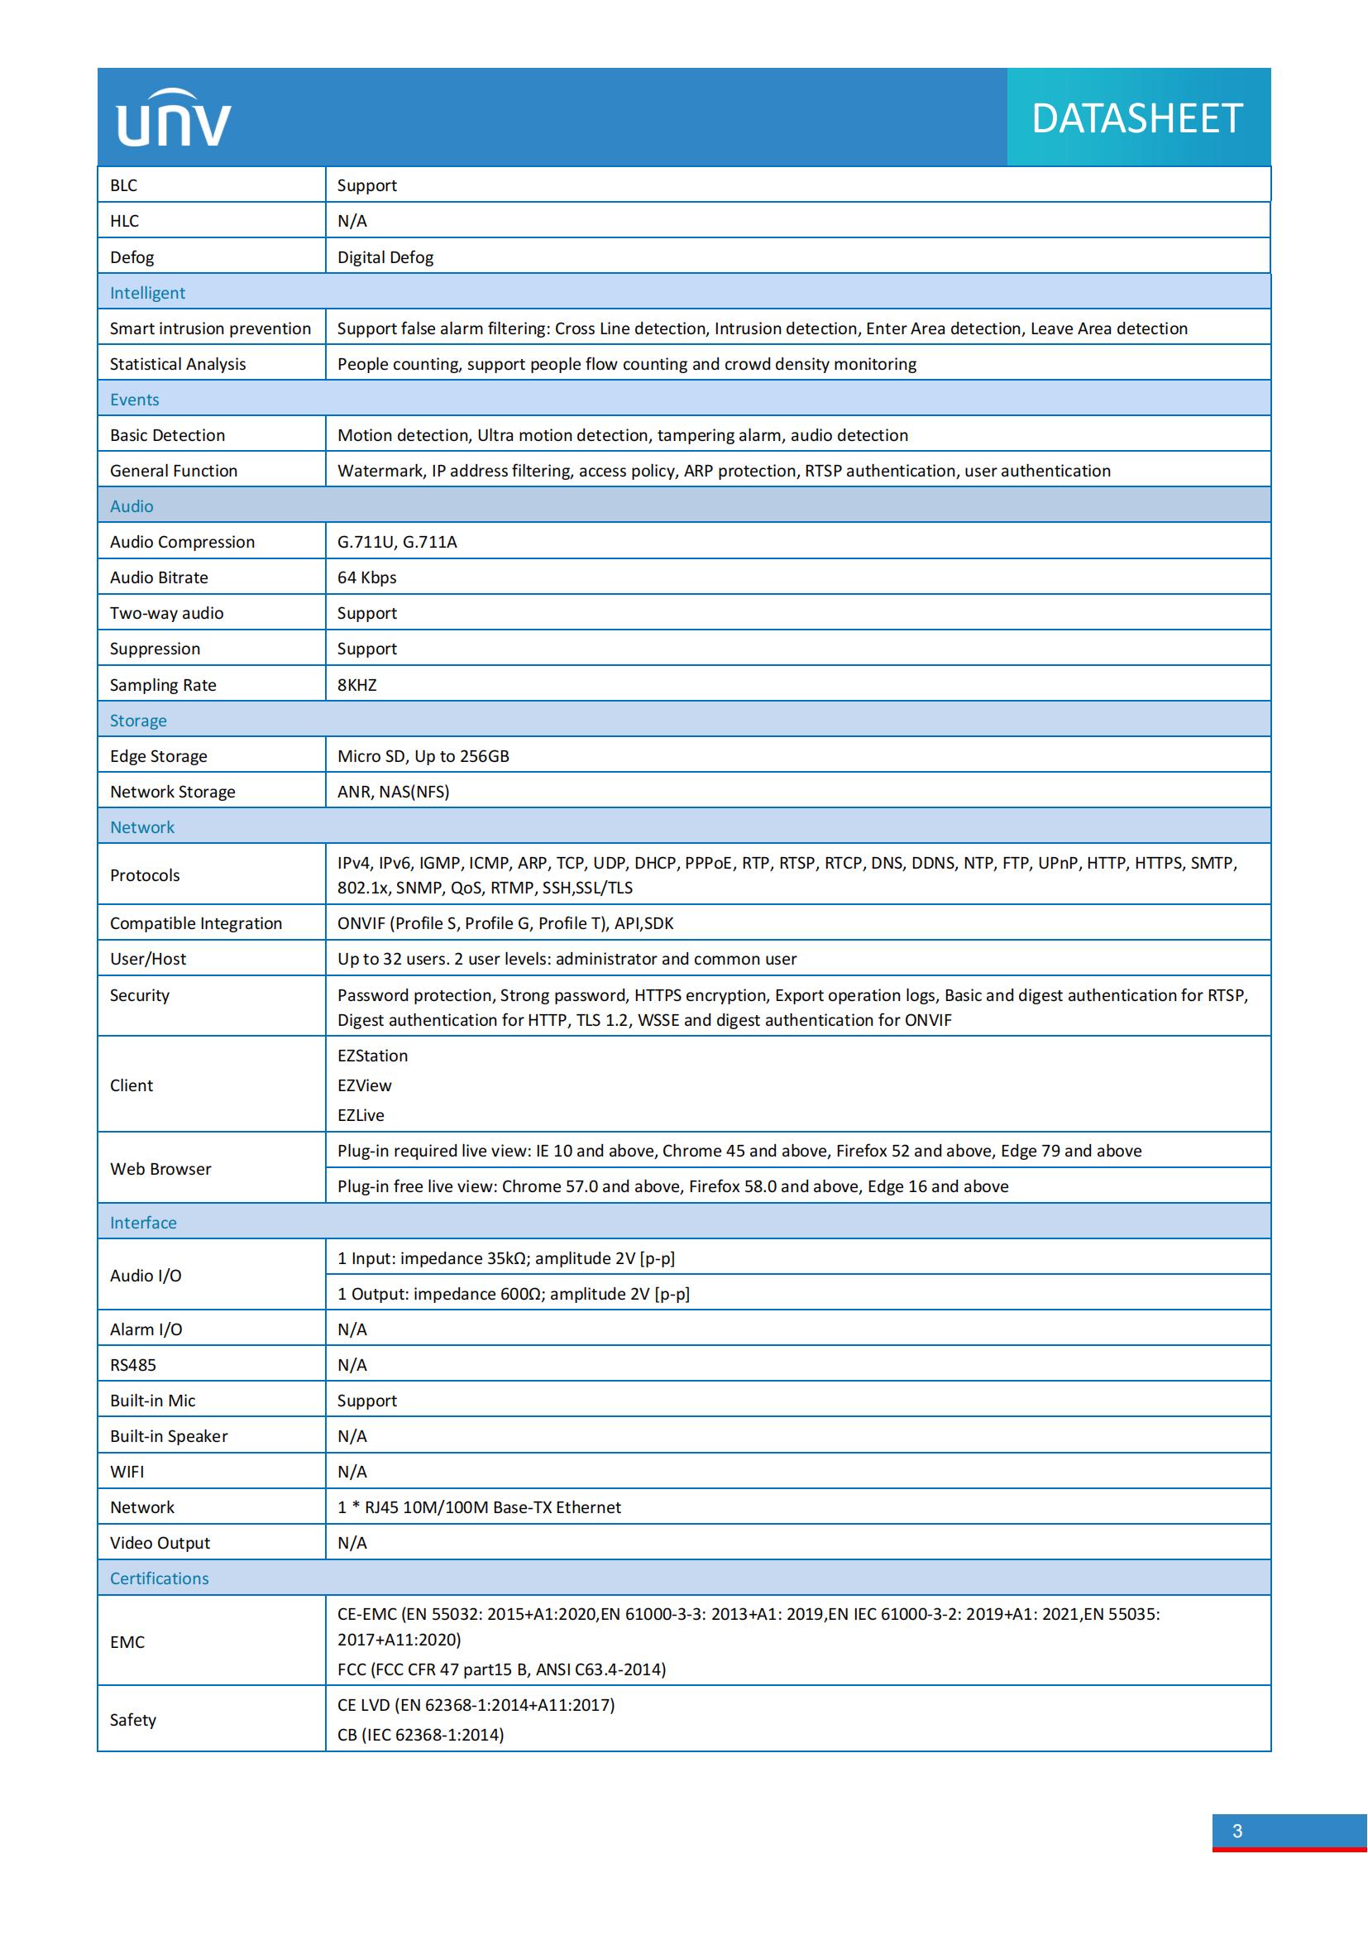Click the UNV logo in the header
[174, 119]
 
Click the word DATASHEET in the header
[1136, 119]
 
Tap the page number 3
[1236, 1831]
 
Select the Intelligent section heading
[147, 292]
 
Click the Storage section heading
[138, 721]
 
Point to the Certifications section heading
[159, 1578]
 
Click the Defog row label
[132, 257]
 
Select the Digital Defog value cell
[385, 257]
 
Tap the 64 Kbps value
[366, 577]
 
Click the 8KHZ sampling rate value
[357, 685]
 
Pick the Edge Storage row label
[158, 756]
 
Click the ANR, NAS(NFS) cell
[394, 792]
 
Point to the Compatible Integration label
[196, 923]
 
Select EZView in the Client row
[365, 1085]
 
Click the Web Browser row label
[161, 1169]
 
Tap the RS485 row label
[133, 1364]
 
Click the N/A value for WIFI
[352, 1472]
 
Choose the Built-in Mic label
[152, 1401]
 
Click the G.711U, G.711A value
[397, 542]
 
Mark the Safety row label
[133, 1719]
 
